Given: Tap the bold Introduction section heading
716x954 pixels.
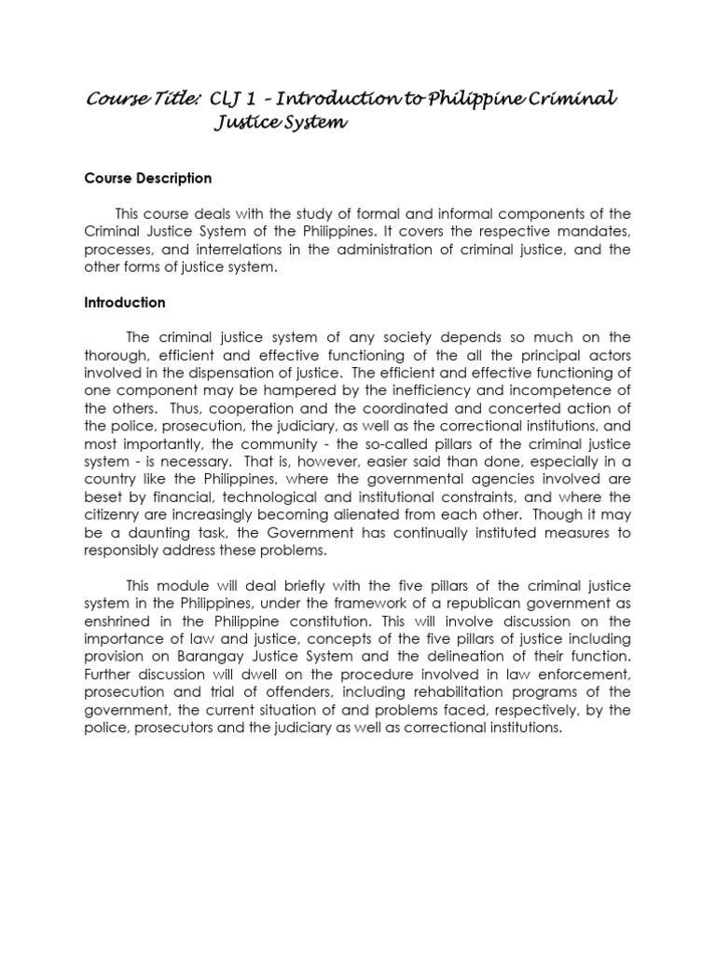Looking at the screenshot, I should click(125, 303).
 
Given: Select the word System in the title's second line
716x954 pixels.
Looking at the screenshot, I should click(309, 123).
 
